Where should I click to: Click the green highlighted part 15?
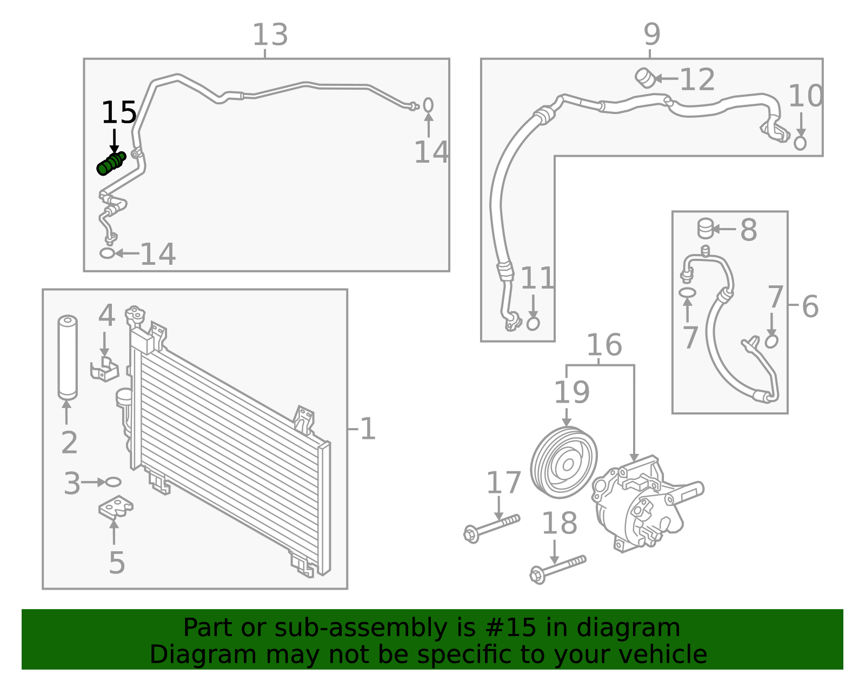pyautogui.click(x=111, y=164)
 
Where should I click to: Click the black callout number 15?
pyautogui.click(x=119, y=113)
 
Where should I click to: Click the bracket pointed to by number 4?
pyautogui.click(x=105, y=369)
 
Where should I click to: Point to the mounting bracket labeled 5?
pyautogui.click(x=116, y=507)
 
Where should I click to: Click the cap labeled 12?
pyautogui.click(x=644, y=77)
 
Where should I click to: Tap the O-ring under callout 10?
pyautogui.click(x=800, y=143)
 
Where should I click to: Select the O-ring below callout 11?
pyautogui.click(x=533, y=324)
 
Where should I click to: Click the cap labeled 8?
pyautogui.click(x=705, y=228)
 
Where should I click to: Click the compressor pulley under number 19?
pyautogui.click(x=564, y=463)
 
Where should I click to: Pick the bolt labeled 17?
pyautogui.click(x=491, y=527)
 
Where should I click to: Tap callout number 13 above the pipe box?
pyautogui.click(x=270, y=35)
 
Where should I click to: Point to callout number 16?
pyautogui.click(x=604, y=345)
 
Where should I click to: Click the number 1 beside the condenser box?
pyautogui.click(x=368, y=429)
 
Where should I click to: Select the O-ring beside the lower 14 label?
pyautogui.click(x=108, y=253)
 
